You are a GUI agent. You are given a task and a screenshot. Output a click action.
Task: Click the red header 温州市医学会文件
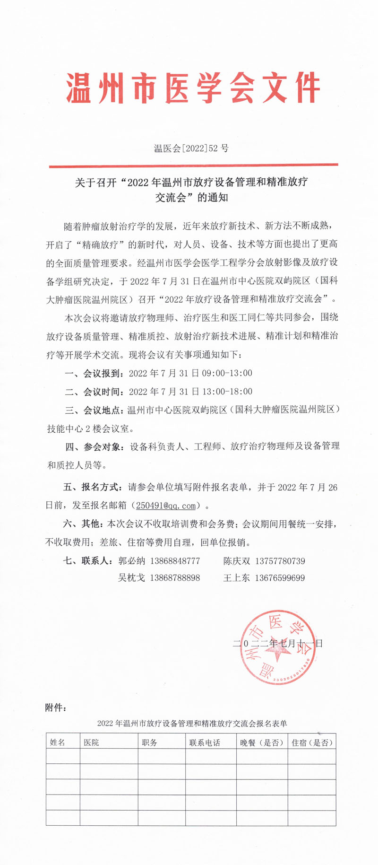tap(193, 88)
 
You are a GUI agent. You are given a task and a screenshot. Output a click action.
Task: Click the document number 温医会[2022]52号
tap(191, 149)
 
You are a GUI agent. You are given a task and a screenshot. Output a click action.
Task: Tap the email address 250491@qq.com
tap(165, 506)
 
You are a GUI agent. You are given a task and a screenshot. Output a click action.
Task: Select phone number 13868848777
tap(175, 561)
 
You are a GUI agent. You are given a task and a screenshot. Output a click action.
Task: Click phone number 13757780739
tap(280, 561)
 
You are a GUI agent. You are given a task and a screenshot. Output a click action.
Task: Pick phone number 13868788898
tap(175, 578)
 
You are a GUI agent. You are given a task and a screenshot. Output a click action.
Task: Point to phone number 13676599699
tap(280, 578)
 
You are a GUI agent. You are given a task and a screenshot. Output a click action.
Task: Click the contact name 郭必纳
tap(131, 561)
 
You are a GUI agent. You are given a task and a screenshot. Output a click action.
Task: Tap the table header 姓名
tap(58, 743)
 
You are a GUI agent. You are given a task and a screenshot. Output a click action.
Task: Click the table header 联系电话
tap(205, 743)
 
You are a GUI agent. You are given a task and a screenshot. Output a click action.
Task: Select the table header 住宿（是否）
tap(312, 743)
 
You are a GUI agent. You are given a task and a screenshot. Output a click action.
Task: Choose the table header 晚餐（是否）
tap(261, 743)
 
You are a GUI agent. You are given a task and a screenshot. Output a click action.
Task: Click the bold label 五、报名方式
tap(93, 488)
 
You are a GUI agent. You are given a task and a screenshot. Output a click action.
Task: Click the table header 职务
tap(149, 743)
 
